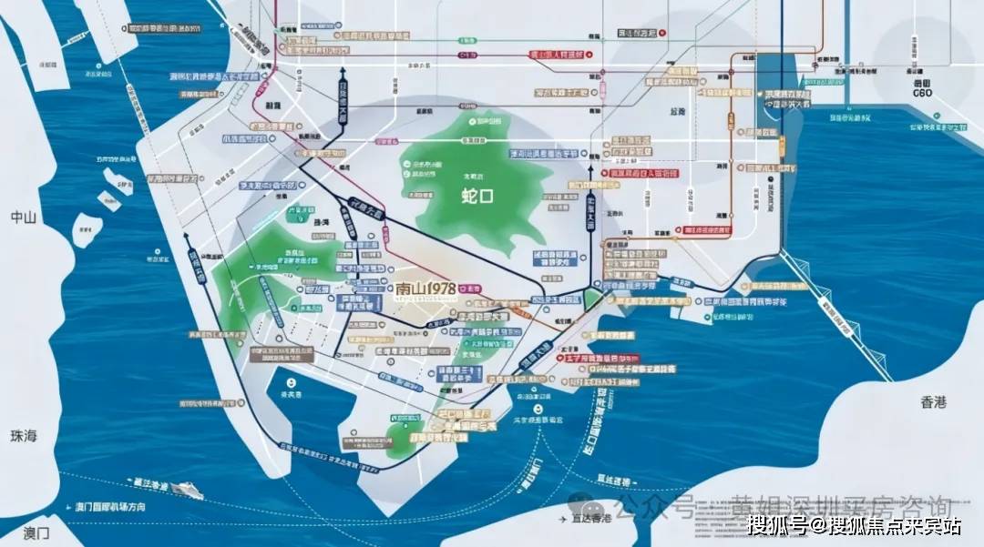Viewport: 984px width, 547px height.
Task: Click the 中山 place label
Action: pos(22,218)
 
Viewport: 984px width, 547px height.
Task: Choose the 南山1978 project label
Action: pos(425,289)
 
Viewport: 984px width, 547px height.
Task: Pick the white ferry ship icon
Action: pos(187,489)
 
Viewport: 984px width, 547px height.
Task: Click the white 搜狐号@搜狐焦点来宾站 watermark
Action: pos(855,525)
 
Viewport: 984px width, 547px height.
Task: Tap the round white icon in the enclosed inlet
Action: pos(292,383)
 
